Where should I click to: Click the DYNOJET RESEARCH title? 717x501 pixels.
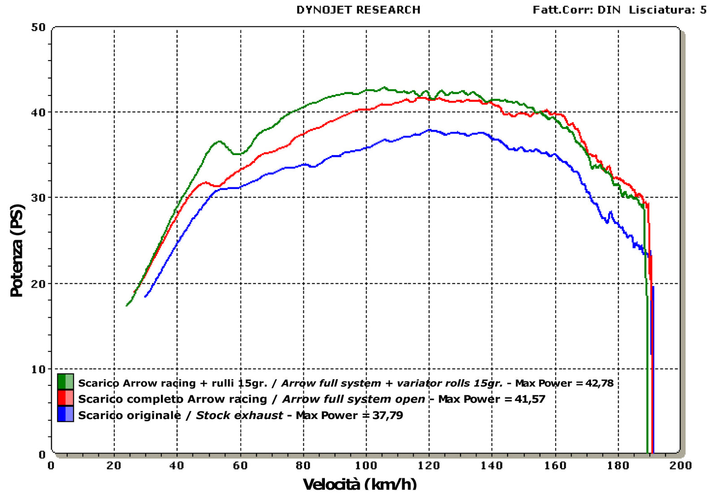358,10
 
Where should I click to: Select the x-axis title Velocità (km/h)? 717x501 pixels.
360,485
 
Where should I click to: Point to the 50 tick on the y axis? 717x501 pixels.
39,27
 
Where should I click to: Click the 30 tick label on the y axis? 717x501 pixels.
39,198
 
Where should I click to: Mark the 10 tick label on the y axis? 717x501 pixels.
39,369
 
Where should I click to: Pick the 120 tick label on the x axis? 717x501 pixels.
429,466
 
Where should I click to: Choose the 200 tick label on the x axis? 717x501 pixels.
681,466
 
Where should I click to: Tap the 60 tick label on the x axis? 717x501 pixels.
240,466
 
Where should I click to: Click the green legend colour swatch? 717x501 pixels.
65,382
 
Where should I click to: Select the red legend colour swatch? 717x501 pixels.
65,398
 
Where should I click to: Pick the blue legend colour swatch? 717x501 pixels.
65,414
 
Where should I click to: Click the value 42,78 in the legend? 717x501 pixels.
599,384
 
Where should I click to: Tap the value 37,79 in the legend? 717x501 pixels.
388,415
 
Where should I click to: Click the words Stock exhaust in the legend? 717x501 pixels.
239,415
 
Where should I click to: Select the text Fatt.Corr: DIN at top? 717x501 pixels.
576,10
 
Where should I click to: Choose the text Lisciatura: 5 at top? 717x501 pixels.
668,10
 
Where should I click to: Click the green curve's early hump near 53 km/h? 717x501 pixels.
219,142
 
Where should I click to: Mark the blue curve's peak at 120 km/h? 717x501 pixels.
429,130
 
